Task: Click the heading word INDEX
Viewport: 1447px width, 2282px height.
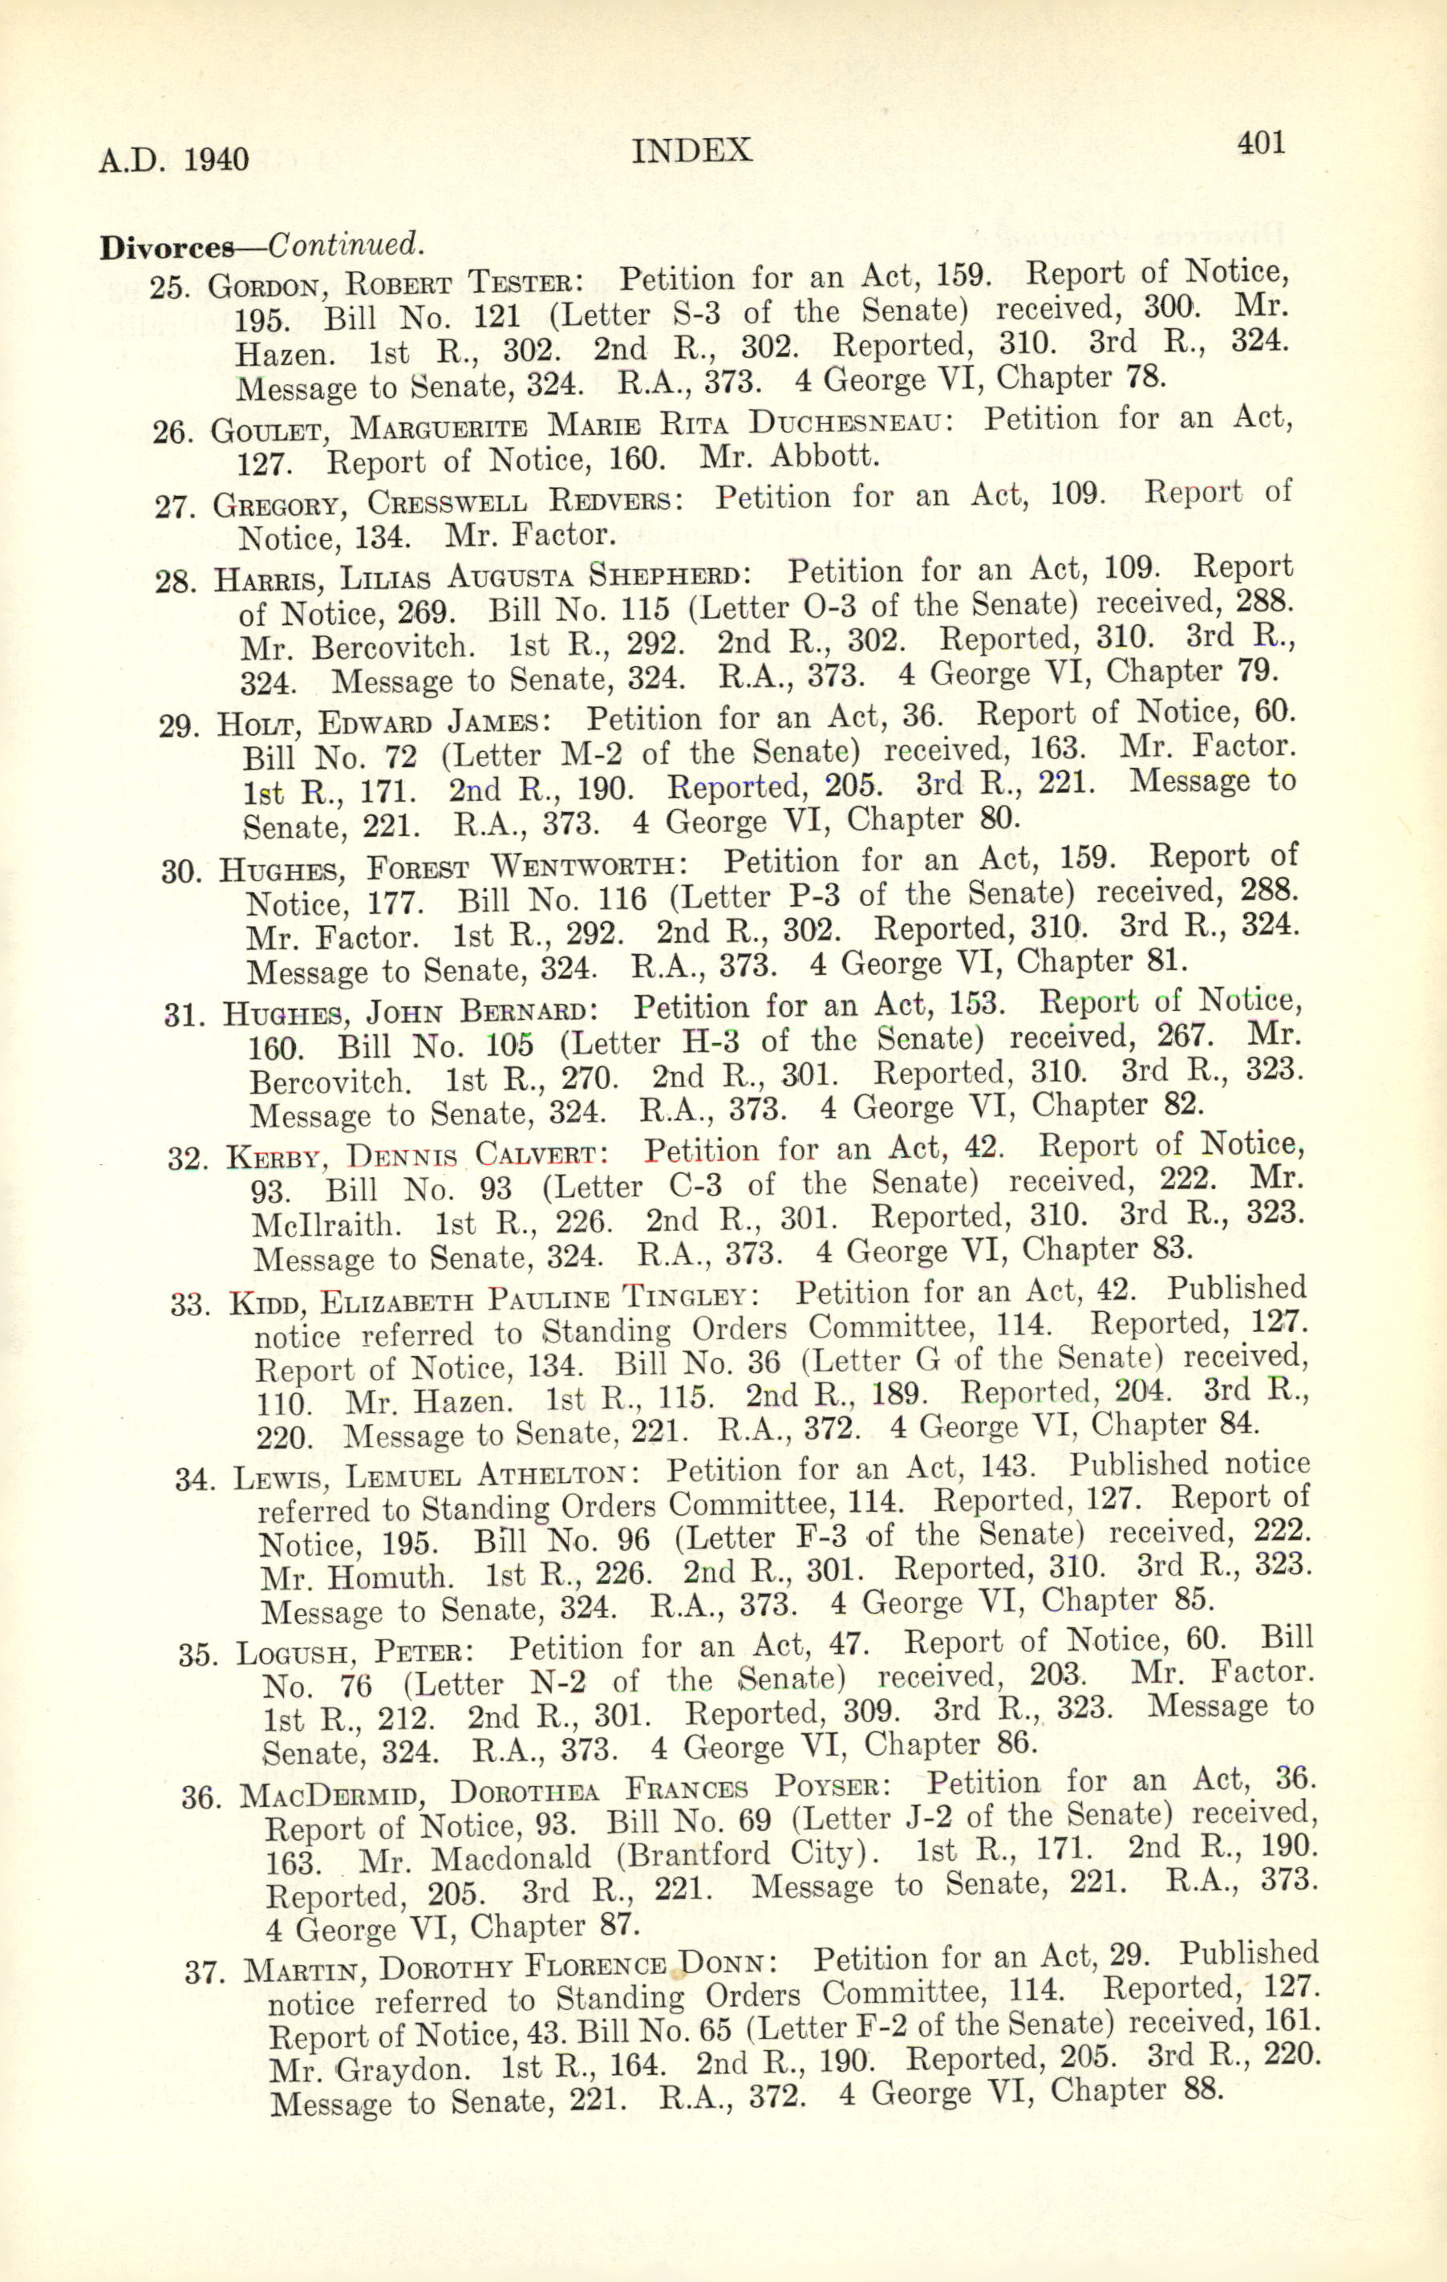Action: tap(691, 152)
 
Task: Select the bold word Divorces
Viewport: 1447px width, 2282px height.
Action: tap(167, 247)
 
